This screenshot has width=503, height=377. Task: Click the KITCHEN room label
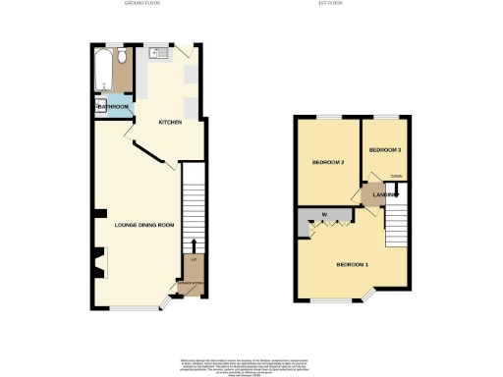click(173, 122)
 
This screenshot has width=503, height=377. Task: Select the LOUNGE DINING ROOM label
click(143, 225)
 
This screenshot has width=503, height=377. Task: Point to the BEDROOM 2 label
click(326, 162)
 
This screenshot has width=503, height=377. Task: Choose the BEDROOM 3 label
click(384, 149)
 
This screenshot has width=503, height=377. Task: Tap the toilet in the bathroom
click(121, 59)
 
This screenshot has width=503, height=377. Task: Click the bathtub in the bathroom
click(102, 68)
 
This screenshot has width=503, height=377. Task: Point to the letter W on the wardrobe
click(322, 214)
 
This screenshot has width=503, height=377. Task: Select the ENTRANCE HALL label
click(192, 285)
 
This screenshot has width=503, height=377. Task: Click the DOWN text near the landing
click(395, 176)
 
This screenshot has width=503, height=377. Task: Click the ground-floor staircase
click(194, 206)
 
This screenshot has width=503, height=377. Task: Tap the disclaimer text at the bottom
click(251, 362)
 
